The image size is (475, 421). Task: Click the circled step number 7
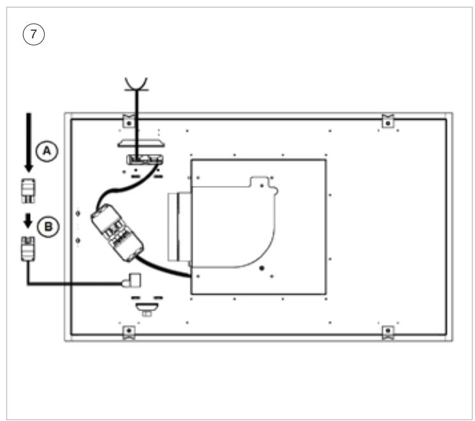[34, 34]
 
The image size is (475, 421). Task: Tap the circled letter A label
[47, 151]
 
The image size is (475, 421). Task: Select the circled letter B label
[48, 226]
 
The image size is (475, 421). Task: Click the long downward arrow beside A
[29, 142]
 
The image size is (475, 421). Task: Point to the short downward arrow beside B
[28, 220]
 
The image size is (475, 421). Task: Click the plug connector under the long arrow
[28, 190]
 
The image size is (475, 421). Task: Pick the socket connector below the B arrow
[28, 249]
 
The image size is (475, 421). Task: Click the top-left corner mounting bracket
[128, 121]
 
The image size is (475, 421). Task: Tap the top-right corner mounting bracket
[388, 121]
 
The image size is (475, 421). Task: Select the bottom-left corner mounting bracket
[128, 333]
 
